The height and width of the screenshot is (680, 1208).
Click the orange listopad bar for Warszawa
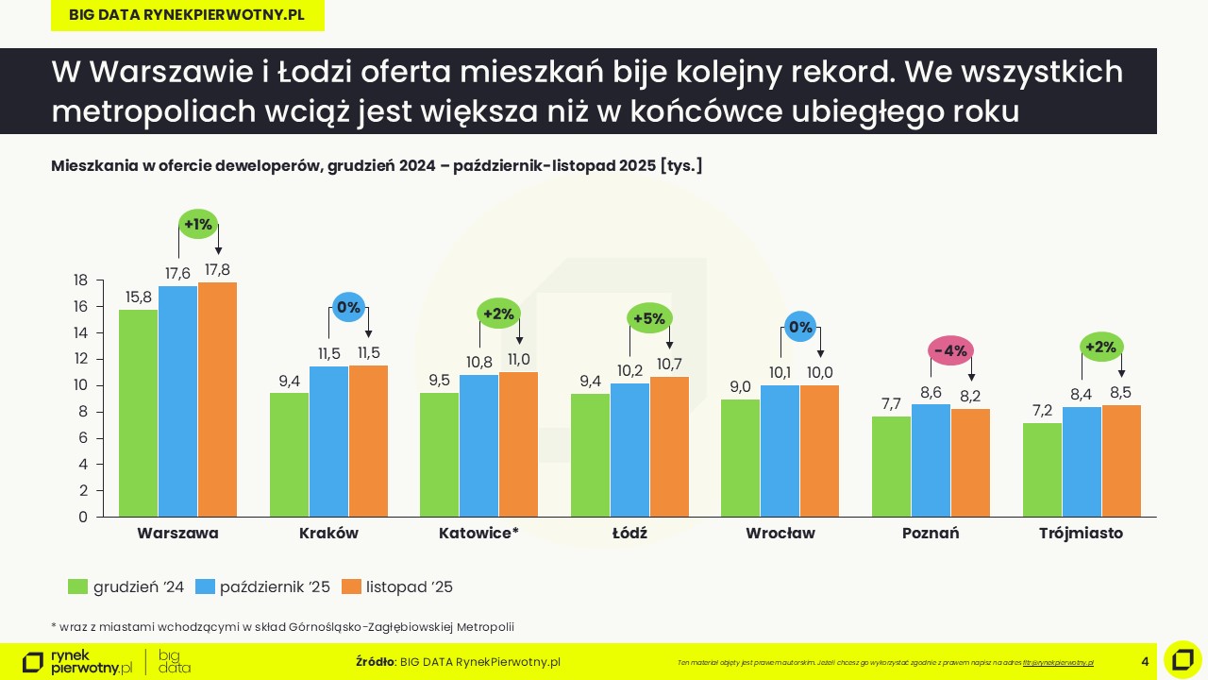pos(217,399)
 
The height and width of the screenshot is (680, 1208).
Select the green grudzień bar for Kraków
pos(289,455)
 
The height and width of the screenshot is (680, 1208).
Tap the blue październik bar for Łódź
pos(629,450)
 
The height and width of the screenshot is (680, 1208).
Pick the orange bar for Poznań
pos(970,463)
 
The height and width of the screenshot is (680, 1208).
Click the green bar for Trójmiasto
pos(1042,469)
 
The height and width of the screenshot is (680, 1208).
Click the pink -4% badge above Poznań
pos(950,350)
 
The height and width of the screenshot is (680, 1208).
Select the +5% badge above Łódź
pos(649,318)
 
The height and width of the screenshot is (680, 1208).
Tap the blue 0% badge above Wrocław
pos(800,328)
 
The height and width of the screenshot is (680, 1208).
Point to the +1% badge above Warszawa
pos(198,225)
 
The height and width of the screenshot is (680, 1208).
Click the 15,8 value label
pos(138,297)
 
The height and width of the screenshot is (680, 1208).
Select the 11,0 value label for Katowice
pos(519,360)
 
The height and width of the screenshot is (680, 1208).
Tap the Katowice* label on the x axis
pos(478,533)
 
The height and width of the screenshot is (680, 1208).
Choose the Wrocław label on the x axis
pos(780,533)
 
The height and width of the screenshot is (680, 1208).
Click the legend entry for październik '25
pos(262,586)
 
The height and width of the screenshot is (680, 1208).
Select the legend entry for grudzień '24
pos(126,586)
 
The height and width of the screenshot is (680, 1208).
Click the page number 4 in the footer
pos(1145,661)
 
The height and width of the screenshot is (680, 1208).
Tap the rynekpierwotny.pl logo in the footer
pos(77,661)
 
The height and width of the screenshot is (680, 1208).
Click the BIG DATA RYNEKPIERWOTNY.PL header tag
pos(187,15)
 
